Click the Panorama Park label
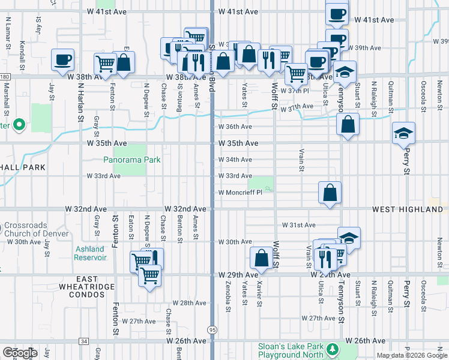point(131,160)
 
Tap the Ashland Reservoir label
point(89,253)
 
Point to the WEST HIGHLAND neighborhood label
point(407,209)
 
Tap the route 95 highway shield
point(212,331)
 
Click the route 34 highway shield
point(83,341)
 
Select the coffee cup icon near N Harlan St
point(62,59)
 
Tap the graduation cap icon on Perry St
point(403,133)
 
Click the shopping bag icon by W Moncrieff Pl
point(330,193)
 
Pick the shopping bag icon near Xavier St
point(262,258)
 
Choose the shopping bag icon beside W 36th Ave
point(348,124)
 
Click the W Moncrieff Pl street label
point(240,193)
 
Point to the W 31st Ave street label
point(298,225)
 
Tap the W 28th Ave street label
point(189,303)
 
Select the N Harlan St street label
point(80,101)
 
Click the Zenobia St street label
point(229,307)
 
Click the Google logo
point(20,353)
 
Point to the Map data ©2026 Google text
point(411,355)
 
